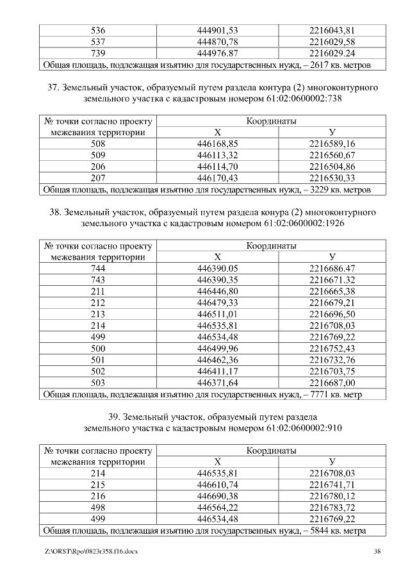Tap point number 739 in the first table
(x=99, y=53)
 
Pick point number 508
(x=99, y=144)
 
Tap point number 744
(x=99, y=269)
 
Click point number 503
(x=99, y=383)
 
